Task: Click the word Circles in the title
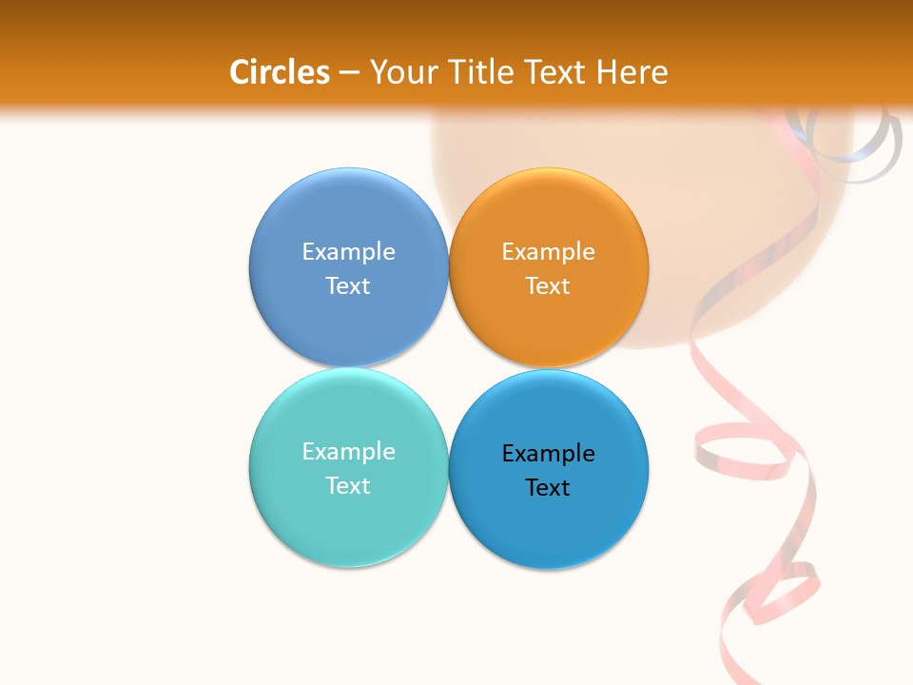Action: click(x=279, y=72)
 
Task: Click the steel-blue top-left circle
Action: click(x=348, y=323)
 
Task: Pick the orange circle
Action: click(x=548, y=323)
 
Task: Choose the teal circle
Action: click(x=348, y=523)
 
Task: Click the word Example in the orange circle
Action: click(x=548, y=252)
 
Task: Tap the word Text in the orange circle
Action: click(x=548, y=286)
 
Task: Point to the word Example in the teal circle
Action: click(x=348, y=452)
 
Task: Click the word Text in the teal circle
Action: click(x=348, y=486)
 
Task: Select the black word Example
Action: click(x=548, y=454)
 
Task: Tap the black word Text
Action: click(x=548, y=488)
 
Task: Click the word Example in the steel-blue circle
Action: click(x=348, y=252)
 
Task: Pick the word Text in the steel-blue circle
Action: click(x=348, y=286)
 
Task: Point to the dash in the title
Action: click(x=349, y=73)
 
